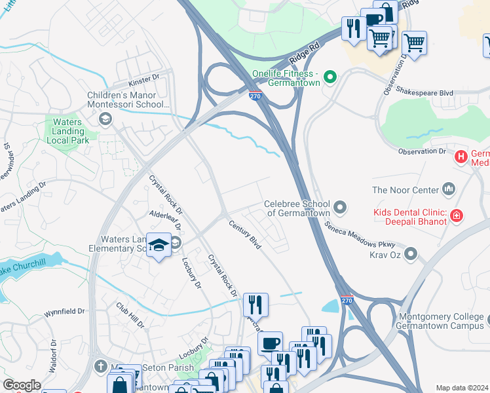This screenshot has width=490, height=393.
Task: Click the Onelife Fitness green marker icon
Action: pos(331,77)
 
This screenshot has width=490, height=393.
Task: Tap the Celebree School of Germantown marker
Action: pos(339,208)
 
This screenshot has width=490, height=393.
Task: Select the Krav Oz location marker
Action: pos(411,253)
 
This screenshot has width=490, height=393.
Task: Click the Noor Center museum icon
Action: pos(449,190)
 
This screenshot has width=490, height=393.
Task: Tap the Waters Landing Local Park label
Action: pos(67,131)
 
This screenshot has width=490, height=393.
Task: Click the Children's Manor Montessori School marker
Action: pos(104,119)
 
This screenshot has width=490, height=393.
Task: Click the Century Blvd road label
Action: pos(245,234)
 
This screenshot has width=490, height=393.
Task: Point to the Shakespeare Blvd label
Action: pos(429,93)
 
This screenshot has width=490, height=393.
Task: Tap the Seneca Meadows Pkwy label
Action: pos(354,233)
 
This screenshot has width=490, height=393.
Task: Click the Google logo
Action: pos(22,385)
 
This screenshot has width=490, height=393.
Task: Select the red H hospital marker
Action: pos(461,157)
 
